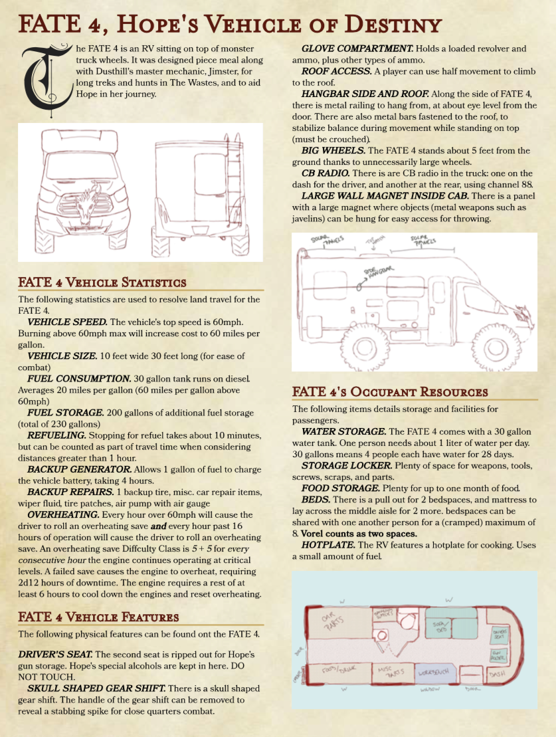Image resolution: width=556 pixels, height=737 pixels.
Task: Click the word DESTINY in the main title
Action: pyautogui.click(x=385, y=25)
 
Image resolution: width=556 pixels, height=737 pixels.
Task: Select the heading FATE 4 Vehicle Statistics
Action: pyautogui.click(x=102, y=283)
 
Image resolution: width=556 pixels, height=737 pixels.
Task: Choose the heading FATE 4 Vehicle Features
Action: pyautogui.click(x=98, y=617)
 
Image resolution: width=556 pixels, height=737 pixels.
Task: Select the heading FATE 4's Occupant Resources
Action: pyautogui.click(x=390, y=392)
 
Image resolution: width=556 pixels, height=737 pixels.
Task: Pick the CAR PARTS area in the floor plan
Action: pyautogui.click(x=333, y=625)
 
